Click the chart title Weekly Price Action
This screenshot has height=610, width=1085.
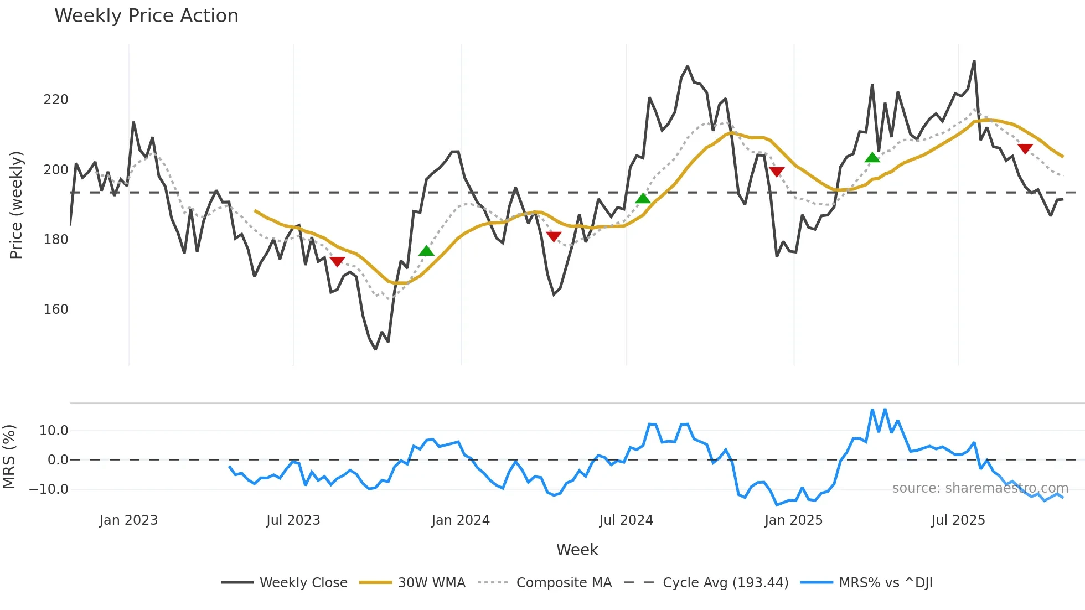pyautogui.click(x=146, y=16)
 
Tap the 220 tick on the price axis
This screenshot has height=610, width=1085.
pyautogui.click(x=56, y=100)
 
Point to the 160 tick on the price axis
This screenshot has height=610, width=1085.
pyautogui.click(x=56, y=309)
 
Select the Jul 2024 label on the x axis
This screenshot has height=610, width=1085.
pyautogui.click(x=626, y=520)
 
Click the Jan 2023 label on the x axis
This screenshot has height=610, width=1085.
pyautogui.click(x=128, y=520)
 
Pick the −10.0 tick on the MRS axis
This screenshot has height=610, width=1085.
pyautogui.click(x=49, y=489)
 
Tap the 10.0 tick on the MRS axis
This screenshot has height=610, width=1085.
pyautogui.click(x=54, y=431)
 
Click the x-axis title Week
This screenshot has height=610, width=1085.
pyautogui.click(x=577, y=550)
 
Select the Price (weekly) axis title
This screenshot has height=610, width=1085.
pyautogui.click(x=16, y=205)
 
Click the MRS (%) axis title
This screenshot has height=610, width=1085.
pyautogui.click(x=9, y=457)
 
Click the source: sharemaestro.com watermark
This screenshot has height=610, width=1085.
pyautogui.click(x=980, y=488)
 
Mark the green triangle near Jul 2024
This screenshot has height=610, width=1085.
pyautogui.click(x=643, y=199)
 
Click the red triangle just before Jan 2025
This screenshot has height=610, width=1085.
pyautogui.click(x=777, y=172)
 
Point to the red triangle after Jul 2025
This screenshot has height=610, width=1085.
pyautogui.click(x=1025, y=148)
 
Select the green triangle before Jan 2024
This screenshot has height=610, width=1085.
pyautogui.click(x=426, y=251)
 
